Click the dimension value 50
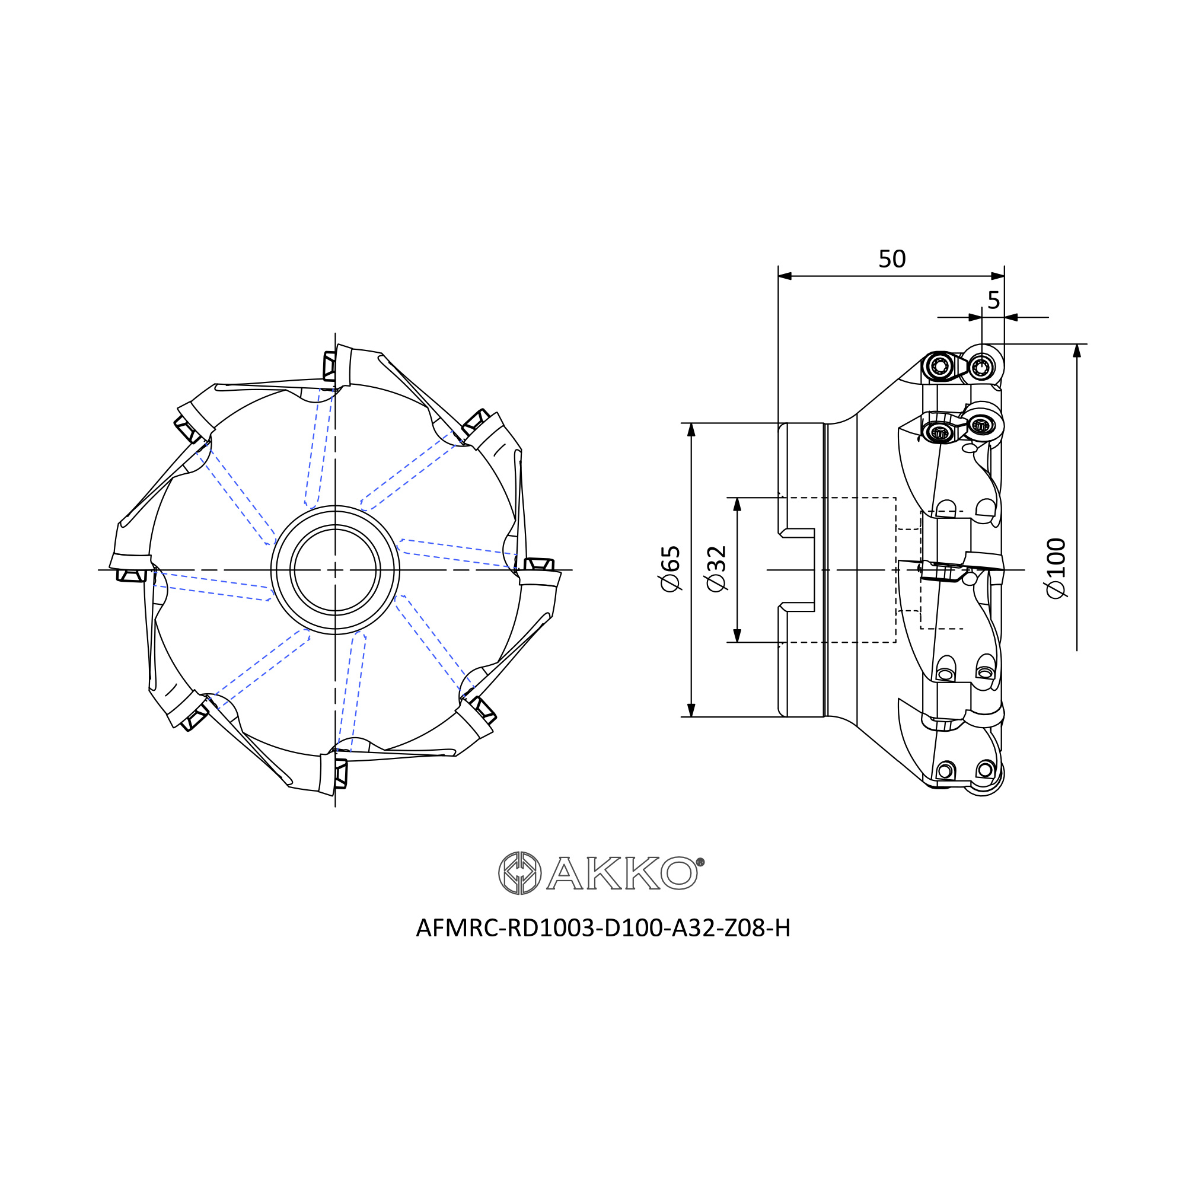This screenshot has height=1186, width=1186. pos(892,259)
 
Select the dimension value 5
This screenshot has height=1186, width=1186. pos(993,300)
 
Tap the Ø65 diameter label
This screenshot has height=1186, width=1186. pos(670,569)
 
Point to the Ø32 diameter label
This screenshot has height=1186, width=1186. pos(716,569)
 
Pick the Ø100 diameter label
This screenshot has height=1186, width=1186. pos(1056,568)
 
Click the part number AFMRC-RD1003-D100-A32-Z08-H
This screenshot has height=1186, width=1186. pos(604,928)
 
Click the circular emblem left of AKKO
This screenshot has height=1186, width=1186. pos(519,873)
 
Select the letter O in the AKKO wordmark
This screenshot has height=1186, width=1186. pos(679,873)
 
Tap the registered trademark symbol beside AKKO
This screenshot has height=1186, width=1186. pos(700,862)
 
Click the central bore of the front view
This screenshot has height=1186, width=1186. pos(335,570)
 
